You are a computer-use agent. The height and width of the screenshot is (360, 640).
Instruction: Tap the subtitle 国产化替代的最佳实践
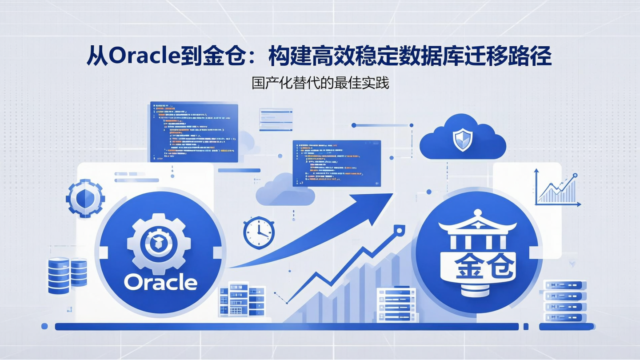[x=320, y=83]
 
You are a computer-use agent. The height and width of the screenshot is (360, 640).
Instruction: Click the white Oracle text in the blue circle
[x=160, y=282]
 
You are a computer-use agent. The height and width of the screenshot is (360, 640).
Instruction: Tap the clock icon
[x=259, y=232]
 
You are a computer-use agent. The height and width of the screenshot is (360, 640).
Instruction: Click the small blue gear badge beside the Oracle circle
[x=85, y=198]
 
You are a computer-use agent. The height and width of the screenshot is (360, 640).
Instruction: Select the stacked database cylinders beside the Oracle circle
[x=67, y=275]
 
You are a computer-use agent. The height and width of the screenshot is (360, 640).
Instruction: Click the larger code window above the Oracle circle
[x=194, y=132]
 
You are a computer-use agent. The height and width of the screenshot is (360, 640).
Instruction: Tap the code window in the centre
[x=336, y=163]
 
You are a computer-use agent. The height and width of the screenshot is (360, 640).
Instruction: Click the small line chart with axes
[x=557, y=188]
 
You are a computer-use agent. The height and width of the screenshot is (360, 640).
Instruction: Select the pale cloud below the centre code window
[x=284, y=191]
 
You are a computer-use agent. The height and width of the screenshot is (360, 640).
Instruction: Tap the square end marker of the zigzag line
[x=399, y=230]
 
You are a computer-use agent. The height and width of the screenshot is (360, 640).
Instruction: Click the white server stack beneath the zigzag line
[x=397, y=304]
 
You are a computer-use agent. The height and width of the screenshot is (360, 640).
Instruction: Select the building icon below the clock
[x=243, y=299]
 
